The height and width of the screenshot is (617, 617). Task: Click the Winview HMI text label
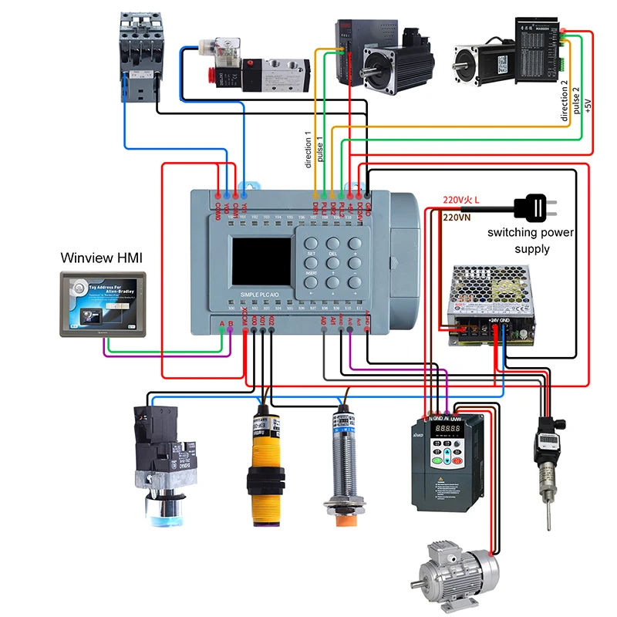102,257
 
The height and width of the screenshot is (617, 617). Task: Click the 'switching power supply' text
531,241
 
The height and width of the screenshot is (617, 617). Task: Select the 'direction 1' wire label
308,150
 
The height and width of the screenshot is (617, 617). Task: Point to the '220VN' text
458,217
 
